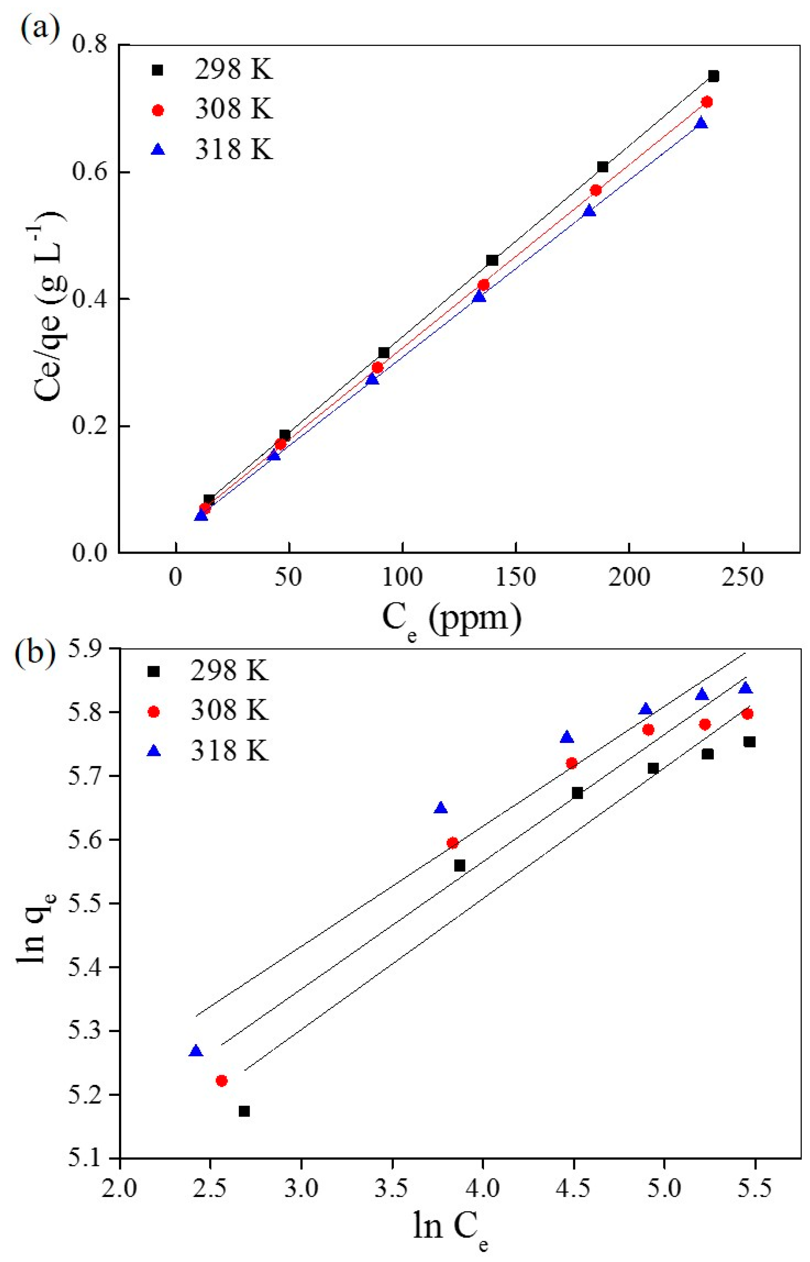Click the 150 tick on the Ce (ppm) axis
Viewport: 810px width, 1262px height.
[516, 577]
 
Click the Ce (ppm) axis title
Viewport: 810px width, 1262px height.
[451, 619]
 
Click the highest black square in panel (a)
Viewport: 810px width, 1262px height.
[713, 76]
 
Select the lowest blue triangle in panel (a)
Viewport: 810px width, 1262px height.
[201, 515]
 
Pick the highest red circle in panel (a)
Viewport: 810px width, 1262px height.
[707, 102]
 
